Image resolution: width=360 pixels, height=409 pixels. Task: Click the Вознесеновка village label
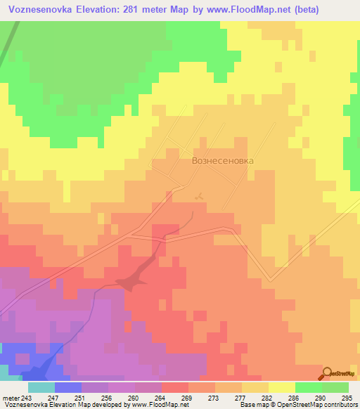[x=222, y=160]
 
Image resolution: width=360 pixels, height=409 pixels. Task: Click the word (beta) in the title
[x=300, y=10]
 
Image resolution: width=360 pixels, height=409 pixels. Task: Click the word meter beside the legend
[x=11, y=397]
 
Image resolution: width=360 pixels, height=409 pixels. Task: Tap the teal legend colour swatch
[x=41, y=387]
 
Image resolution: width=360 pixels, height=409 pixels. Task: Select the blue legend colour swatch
[x=67, y=387]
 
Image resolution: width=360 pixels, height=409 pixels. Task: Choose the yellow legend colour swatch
[x=281, y=387]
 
